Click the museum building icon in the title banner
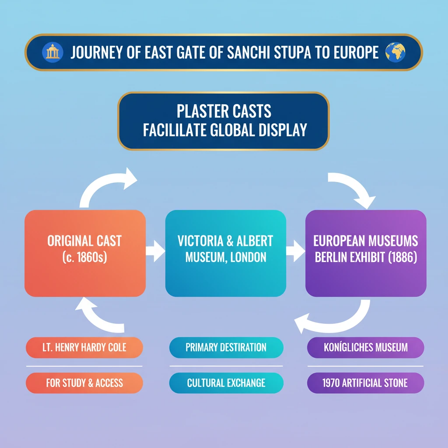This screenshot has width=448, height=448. (x=52, y=52)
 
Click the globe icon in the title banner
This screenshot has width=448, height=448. (x=395, y=52)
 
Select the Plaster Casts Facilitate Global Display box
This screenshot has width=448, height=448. (x=223, y=121)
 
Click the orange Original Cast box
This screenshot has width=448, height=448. (x=85, y=253)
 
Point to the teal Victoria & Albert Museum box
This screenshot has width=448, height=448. (x=225, y=253)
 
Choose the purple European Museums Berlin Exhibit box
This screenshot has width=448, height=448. (x=365, y=253)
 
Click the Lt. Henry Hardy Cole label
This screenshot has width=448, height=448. (x=85, y=347)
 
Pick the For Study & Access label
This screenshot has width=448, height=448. (x=85, y=383)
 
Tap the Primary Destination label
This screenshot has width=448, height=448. (x=226, y=347)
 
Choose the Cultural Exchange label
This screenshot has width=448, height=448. (x=226, y=383)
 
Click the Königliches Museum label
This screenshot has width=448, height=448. (x=365, y=347)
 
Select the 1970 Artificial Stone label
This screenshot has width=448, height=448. (x=365, y=383)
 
